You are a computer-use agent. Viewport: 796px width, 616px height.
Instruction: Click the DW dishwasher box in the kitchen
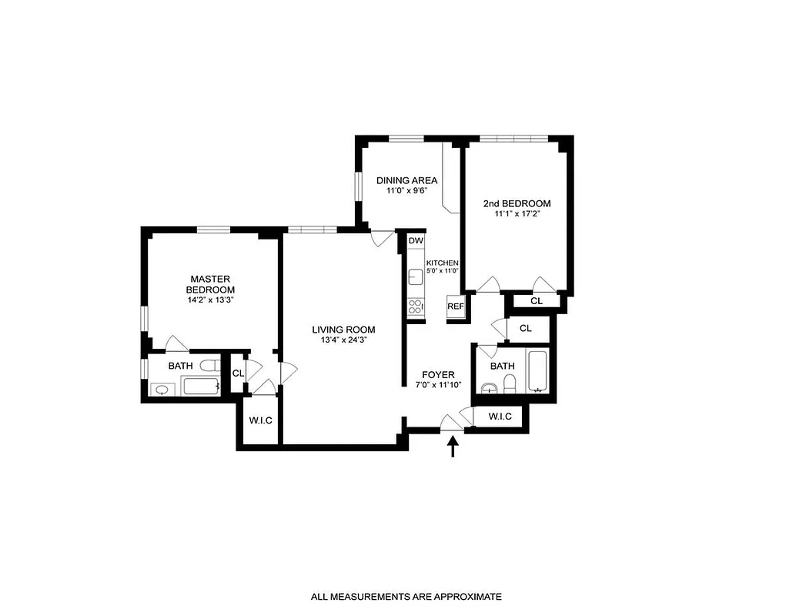[416, 241]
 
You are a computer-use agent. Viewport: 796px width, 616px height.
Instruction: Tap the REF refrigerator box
[455, 306]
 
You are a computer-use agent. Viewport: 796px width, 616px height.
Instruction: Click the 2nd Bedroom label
[517, 203]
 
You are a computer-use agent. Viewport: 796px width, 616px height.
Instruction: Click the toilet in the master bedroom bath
[206, 367]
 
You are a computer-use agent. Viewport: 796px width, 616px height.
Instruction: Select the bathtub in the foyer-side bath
[537, 372]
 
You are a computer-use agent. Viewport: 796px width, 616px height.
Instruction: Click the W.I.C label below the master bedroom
[260, 420]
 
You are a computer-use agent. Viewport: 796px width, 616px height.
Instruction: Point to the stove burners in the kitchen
[415, 308]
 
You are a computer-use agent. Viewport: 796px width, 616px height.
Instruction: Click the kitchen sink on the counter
[414, 275]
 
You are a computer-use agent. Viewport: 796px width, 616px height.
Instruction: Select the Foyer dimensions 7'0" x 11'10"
[438, 385]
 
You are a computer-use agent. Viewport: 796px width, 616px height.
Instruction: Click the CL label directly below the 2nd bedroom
[537, 300]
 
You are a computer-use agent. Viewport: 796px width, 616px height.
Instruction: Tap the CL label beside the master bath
[238, 373]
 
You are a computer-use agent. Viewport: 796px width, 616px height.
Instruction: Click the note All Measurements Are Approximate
[406, 596]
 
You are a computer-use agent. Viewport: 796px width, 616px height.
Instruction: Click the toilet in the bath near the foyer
[509, 383]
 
